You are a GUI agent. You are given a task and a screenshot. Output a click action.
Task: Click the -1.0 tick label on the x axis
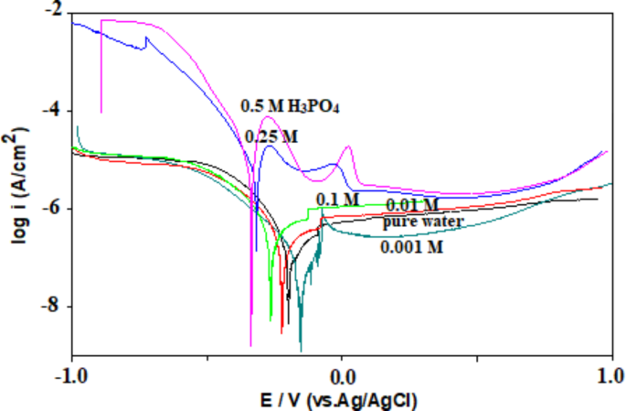(x=71, y=374)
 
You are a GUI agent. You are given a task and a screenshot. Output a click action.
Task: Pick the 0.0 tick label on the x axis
(x=342, y=374)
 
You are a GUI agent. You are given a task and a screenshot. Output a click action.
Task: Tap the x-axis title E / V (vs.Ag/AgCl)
(x=342, y=399)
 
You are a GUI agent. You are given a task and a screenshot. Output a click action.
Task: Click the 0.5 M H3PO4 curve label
(x=291, y=106)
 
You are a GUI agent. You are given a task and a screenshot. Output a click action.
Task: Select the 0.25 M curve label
(x=271, y=136)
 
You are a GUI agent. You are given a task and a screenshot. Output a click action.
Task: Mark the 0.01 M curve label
(x=412, y=204)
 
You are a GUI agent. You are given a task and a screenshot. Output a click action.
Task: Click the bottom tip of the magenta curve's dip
(x=251, y=345)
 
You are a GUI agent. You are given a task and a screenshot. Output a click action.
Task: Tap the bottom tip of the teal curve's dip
(x=301, y=350)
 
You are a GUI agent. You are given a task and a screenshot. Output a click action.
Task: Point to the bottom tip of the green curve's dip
(x=271, y=320)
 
